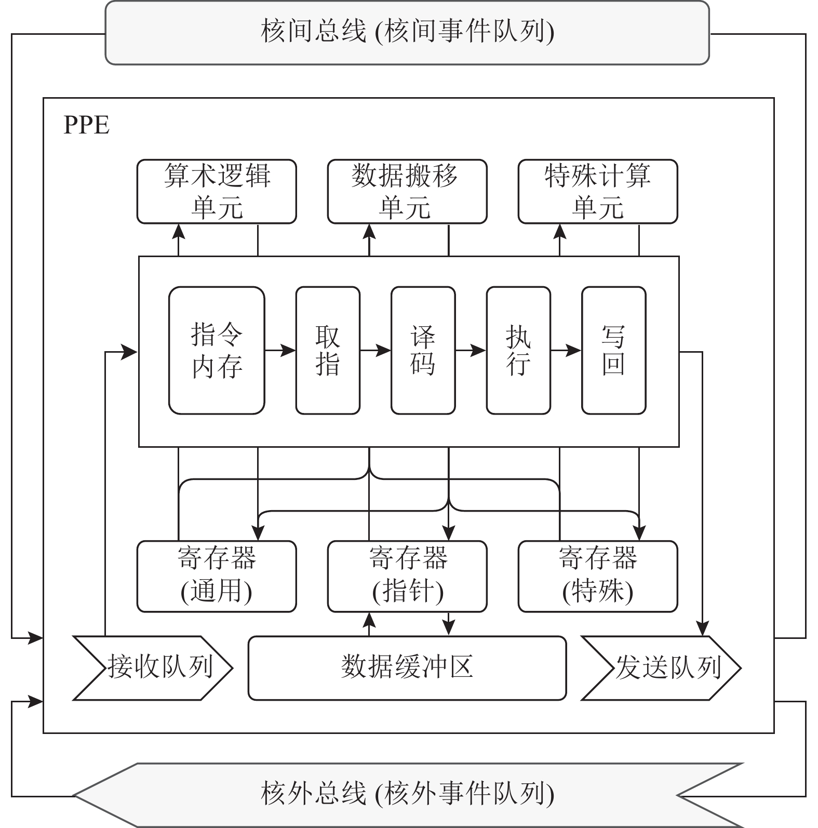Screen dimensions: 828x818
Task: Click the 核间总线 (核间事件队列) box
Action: (407, 32)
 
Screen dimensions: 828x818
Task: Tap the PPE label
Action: (86, 125)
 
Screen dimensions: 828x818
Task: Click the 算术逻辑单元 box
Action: (217, 191)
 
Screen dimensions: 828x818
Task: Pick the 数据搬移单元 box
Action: (407, 191)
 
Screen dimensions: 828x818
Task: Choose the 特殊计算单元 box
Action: (598, 191)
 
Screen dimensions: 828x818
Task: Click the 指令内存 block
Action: (217, 351)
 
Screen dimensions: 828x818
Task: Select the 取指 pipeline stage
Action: (328, 351)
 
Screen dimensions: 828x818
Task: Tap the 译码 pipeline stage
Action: (423, 351)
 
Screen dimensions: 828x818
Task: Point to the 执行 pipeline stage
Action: (518, 351)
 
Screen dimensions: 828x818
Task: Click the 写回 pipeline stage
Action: (614, 351)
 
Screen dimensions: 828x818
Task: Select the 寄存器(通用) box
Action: (217, 576)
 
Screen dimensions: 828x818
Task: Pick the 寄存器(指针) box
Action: (407, 576)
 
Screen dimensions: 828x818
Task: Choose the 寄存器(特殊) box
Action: (598, 576)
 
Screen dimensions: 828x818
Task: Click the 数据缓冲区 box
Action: (407, 668)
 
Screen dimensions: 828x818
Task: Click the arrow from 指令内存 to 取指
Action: (280, 351)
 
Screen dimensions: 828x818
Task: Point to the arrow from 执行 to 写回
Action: (566, 351)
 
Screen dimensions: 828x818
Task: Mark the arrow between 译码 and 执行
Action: (471, 351)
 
